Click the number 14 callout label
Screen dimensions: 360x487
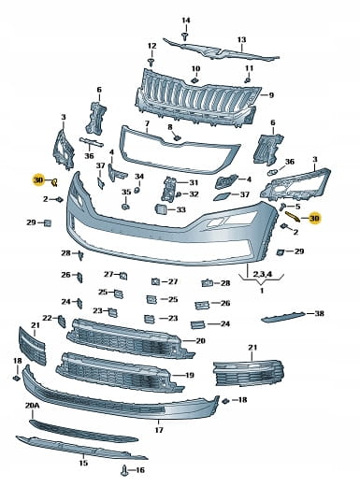tap(186, 21)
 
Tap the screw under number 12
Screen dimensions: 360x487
tap(151, 62)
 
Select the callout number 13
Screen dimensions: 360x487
tap(241, 40)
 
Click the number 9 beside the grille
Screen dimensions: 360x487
tap(271, 94)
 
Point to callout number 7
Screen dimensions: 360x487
tap(147, 124)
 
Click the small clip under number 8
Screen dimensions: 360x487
tap(177, 137)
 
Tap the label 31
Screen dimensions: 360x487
tap(194, 182)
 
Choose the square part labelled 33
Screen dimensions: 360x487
tap(161, 209)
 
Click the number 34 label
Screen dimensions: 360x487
tap(139, 177)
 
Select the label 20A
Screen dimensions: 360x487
tap(32, 406)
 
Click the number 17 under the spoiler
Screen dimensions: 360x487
tap(159, 430)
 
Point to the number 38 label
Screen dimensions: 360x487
tap(319, 313)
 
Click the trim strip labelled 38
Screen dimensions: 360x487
tap(283, 317)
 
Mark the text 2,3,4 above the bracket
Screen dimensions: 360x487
tap(263, 274)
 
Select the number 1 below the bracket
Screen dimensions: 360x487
tap(262, 291)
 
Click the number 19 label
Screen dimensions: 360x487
tap(190, 375)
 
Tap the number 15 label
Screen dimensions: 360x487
tap(83, 463)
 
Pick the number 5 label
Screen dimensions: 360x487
tap(297, 207)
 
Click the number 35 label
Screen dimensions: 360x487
tap(126, 192)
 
